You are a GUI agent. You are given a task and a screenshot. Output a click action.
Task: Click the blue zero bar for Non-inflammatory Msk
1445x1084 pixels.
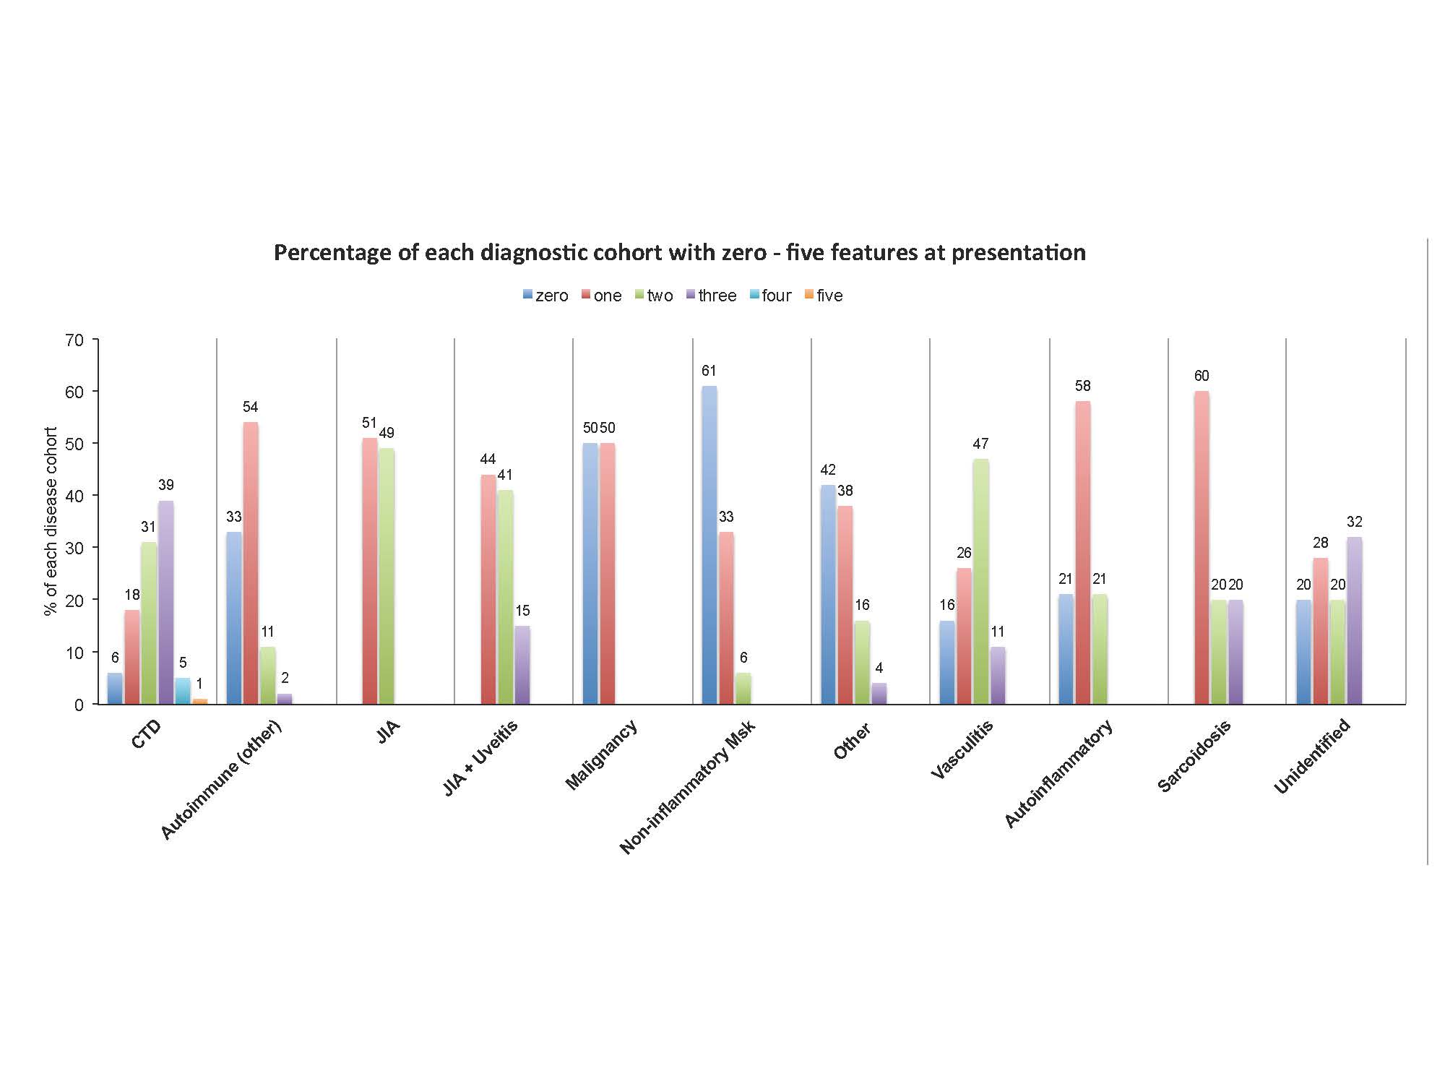click(x=709, y=545)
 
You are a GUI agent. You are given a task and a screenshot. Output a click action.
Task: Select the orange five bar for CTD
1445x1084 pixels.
click(x=200, y=701)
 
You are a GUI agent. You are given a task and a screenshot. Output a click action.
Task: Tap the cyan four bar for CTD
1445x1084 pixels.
click(x=183, y=691)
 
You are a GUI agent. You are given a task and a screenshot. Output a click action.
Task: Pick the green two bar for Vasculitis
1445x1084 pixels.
click(x=980, y=581)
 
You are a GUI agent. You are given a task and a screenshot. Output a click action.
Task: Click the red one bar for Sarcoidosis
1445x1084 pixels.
click(x=1202, y=547)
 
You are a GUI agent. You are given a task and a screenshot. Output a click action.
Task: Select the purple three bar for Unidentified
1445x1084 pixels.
click(x=1355, y=620)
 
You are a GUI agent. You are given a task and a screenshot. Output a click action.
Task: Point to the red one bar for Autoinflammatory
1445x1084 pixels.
click(x=1082, y=552)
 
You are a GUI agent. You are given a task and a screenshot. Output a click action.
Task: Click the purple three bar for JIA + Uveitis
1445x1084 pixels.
click(x=522, y=665)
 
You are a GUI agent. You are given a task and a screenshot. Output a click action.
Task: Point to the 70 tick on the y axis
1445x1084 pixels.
click(x=74, y=340)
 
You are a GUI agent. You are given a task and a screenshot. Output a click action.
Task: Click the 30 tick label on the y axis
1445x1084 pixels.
click(x=74, y=548)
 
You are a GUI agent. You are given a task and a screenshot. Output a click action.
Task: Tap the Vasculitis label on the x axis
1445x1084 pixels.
click(x=962, y=750)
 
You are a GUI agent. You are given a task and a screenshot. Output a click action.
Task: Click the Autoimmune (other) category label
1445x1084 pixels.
click(x=220, y=780)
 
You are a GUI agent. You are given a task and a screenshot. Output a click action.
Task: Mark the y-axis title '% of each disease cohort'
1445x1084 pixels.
click(x=51, y=521)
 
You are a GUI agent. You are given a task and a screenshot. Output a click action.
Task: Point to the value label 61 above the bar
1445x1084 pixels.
click(x=709, y=371)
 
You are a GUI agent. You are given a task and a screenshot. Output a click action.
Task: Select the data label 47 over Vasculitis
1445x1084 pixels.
click(x=980, y=444)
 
